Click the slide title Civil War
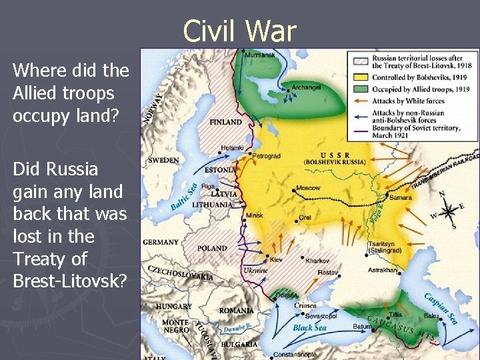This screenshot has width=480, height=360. [239, 31]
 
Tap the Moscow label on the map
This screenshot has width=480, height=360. [308, 188]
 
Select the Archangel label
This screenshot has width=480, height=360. [306, 87]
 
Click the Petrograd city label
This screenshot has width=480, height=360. [267, 155]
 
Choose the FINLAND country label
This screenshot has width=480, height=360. [226, 123]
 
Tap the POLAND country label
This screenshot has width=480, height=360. [212, 248]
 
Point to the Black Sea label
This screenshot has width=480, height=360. [309, 327]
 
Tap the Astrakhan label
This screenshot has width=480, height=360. [382, 270]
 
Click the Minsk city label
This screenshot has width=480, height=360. [254, 216]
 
